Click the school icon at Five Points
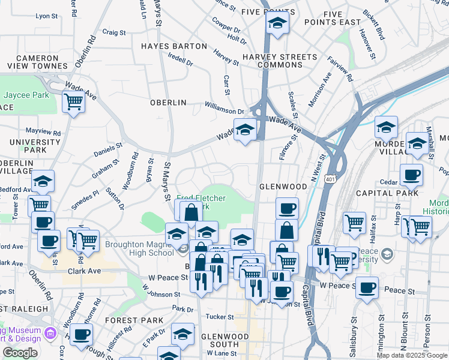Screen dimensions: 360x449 tap(277, 23)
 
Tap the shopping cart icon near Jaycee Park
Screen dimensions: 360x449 tap(73, 102)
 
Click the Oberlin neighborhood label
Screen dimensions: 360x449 tap(168, 103)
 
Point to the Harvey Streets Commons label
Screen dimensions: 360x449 tap(279, 61)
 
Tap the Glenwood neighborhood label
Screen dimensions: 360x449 tap(283, 187)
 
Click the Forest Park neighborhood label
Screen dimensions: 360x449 tap(142, 320)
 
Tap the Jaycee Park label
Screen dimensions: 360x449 tap(26, 95)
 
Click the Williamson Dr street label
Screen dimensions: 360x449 tap(224, 111)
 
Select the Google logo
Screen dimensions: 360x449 tap(20, 353)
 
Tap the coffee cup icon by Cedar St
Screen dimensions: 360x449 tap(412, 175)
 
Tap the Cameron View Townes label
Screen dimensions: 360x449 tap(33, 62)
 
